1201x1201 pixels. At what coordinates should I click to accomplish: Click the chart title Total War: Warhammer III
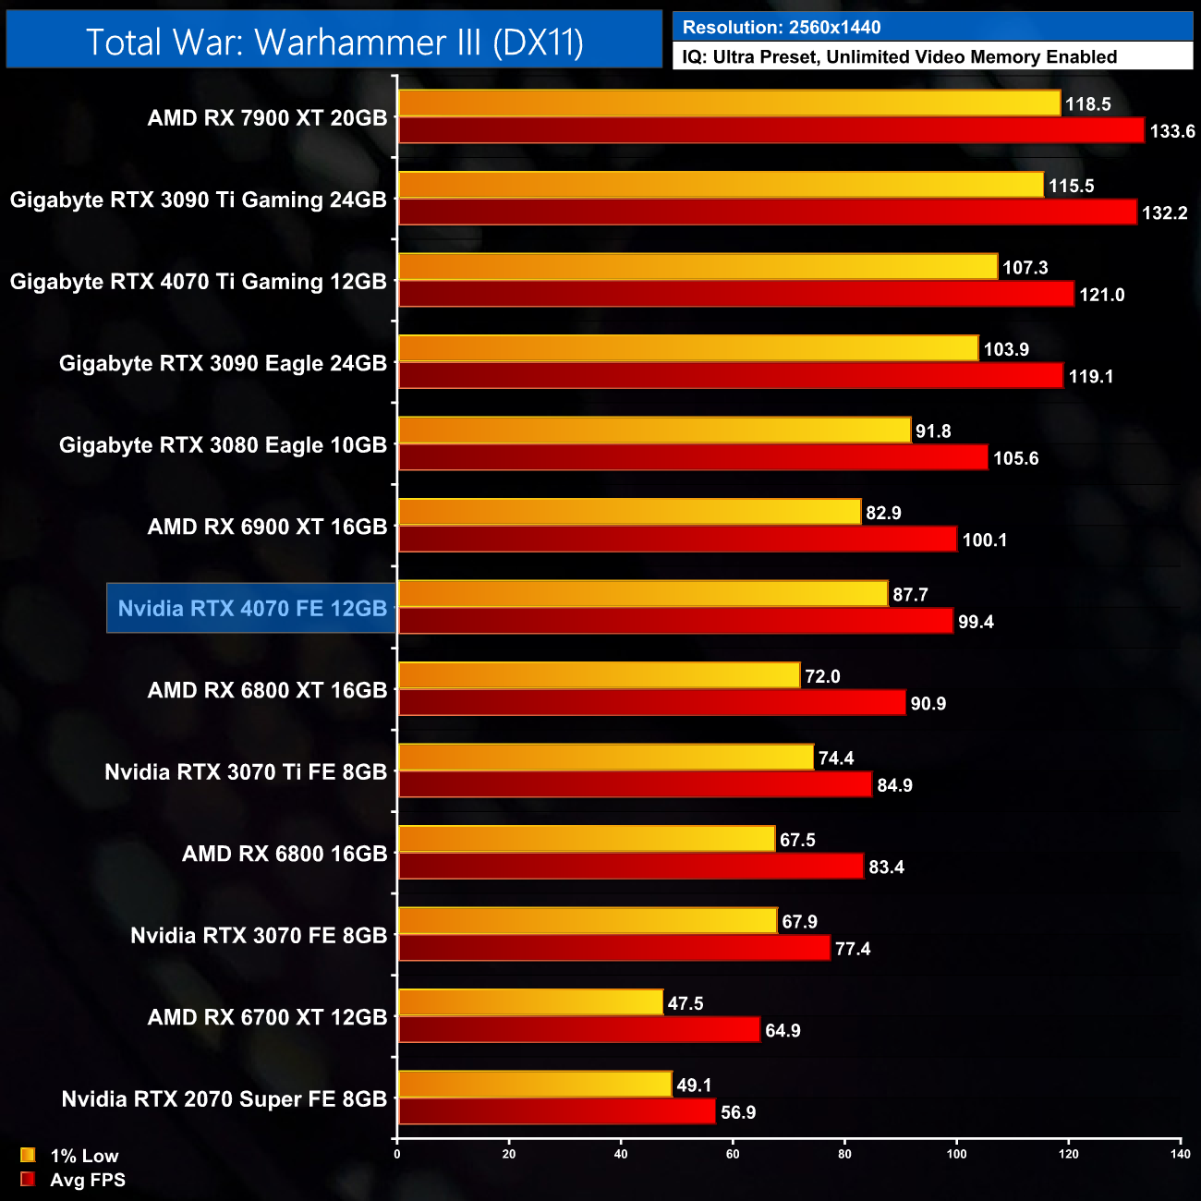(x=334, y=42)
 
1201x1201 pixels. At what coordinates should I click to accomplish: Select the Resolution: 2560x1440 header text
(x=782, y=27)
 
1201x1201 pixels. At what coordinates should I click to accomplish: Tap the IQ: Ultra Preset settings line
(x=899, y=56)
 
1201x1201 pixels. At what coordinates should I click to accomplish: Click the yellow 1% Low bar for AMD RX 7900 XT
(x=729, y=103)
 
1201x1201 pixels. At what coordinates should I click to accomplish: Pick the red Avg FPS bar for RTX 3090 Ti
(x=767, y=212)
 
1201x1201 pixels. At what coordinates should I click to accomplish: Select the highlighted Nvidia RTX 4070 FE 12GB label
(x=252, y=608)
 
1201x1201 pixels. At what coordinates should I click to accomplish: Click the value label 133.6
(x=1171, y=131)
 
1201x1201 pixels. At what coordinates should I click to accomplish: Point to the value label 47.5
(x=685, y=1003)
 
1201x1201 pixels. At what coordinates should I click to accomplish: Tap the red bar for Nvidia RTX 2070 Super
(x=556, y=1111)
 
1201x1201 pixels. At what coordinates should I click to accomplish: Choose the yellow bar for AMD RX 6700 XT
(x=530, y=1002)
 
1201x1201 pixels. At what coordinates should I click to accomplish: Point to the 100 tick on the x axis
(x=956, y=1154)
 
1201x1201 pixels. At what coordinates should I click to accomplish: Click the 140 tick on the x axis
(x=1180, y=1154)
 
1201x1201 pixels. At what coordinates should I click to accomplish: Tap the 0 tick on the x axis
(x=397, y=1154)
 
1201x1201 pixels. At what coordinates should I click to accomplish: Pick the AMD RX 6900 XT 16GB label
(x=267, y=527)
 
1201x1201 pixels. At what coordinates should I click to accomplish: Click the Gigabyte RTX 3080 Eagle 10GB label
(x=223, y=445)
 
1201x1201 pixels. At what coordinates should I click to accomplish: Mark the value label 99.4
(x=976, y=622)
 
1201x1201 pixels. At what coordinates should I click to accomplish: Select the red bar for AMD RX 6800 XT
(x=651, y=703)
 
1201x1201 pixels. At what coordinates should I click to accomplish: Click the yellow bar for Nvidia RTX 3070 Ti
(x=605, y=758)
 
